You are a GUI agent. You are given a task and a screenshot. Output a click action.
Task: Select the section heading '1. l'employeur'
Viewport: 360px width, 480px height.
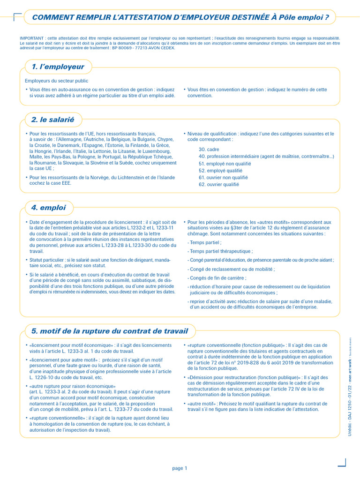click(x=58, y=67)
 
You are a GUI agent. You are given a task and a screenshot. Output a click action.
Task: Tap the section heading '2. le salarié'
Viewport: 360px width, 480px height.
click(x=52, y=120)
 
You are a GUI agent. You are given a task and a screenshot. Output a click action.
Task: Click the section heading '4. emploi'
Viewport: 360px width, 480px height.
click(x=48, y=207)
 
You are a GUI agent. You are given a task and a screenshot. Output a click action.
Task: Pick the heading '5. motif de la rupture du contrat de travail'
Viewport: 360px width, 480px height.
click(x=109, y=331)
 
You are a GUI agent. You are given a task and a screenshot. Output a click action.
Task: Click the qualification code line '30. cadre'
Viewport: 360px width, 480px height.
click(x=209, y=150)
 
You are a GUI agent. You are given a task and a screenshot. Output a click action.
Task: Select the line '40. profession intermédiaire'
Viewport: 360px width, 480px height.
click(x=266, y=157)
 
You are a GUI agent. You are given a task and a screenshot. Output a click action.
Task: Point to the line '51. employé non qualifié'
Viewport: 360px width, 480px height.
click(x=225, y=164)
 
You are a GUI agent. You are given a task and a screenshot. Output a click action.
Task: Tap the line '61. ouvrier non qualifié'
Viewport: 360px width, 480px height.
click(x=223, y=178)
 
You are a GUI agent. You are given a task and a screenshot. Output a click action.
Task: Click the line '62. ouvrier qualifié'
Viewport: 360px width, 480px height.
click(x=218, y=185)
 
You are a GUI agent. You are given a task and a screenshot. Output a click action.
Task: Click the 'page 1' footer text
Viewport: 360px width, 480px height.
click(x=180, y=468)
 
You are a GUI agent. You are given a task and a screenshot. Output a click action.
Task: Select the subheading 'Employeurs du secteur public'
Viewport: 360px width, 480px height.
click(x=56, y=81)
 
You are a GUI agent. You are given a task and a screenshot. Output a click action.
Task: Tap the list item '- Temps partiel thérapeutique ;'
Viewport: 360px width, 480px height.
click(x=220, y=251)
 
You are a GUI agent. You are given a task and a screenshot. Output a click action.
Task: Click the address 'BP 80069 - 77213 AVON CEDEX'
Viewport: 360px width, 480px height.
click(x=145, y=47)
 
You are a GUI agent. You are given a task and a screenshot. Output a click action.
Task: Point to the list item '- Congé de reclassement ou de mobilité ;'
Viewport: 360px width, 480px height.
click(x=231, y=269)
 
